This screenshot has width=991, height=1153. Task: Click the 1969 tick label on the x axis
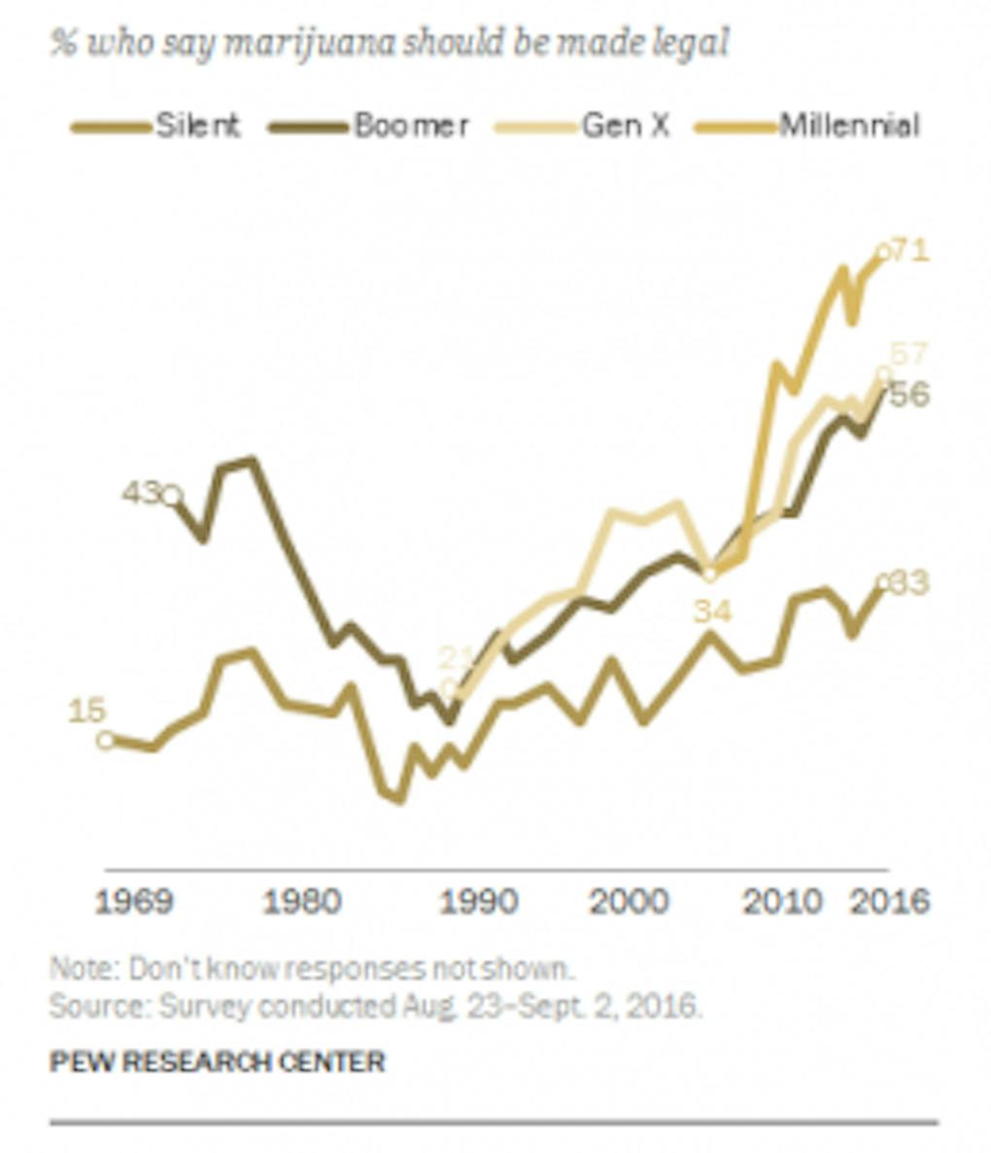[134, 901]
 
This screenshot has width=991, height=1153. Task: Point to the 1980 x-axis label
[302, 901]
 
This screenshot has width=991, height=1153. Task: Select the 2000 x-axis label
[629, 901]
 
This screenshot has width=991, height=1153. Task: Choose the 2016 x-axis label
[890, 901]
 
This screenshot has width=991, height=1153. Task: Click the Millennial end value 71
[910, 251]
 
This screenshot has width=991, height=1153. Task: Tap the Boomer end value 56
[910, 395]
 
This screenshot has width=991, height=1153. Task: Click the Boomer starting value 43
[141, 493]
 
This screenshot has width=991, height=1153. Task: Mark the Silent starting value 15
[86, 711]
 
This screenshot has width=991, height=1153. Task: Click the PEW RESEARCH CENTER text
[218, 1061]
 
